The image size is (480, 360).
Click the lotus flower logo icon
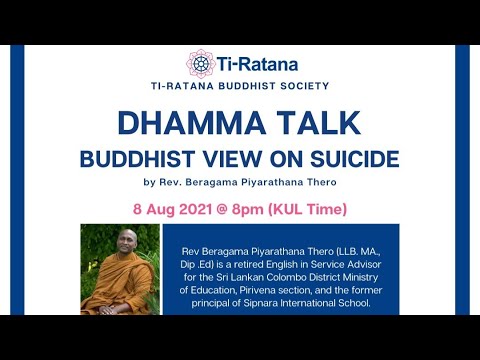(200, 65)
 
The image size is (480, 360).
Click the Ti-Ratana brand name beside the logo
(257, 65)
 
